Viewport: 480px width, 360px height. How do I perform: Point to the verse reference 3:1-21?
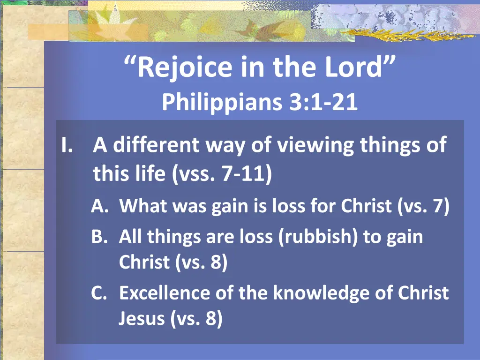click(323, 102)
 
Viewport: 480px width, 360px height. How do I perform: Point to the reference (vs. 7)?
click(424, 207)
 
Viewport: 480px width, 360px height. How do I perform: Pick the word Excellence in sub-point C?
click(165, 293)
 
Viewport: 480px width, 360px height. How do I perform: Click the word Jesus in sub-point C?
click(142, 319)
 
